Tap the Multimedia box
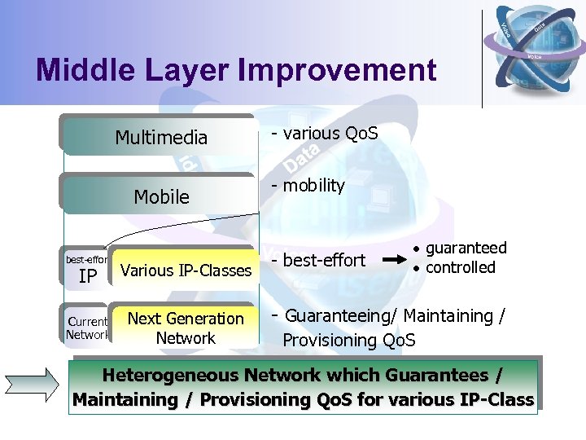pyautogui.click(x=160, y=138)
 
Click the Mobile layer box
pyautogui.click(x=160, y=196)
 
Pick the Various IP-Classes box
pyautogui.click(x=186, y=270)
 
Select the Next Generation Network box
pyautogui.click(x=186, y=328)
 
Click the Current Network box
pyautogui.click(x=86, y=328)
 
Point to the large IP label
pyautogui.click(x=88, y=277)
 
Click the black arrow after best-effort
pyautogui.click(x=394, y=261)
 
